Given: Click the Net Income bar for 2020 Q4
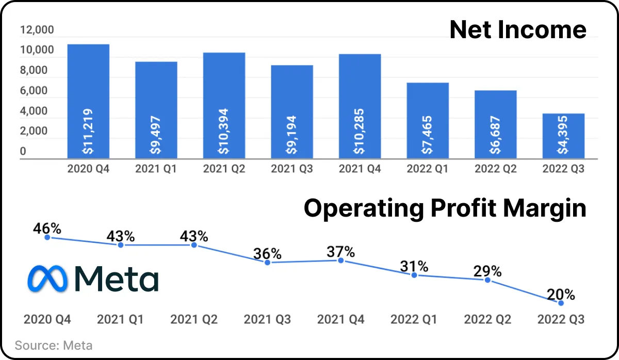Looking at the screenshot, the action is [88, 102].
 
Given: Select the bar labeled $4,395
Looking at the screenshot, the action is [563, 136].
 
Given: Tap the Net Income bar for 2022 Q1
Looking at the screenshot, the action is [428, 121].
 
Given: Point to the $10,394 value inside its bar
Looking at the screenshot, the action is [223, 131].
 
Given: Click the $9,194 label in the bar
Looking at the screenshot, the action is [291, 135].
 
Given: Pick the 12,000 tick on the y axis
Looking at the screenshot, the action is [37, 29].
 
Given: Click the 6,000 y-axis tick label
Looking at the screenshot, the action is [34, 90].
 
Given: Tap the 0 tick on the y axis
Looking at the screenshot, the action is [23, 151].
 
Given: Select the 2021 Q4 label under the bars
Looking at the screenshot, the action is [360, 169].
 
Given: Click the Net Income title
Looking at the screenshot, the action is [518, 29].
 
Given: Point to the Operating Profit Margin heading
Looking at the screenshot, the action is [445, 208].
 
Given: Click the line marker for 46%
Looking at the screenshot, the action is [47, 237].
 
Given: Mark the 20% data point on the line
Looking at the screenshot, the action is [561, 303].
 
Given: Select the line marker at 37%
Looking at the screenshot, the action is [341, 260].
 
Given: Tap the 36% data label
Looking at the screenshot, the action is [267, 253].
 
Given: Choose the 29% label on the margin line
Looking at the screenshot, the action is [487, 271].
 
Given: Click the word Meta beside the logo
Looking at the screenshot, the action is [117, 279].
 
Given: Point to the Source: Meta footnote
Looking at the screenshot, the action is [54, 346].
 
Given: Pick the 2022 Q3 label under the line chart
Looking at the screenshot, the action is [561, 319].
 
